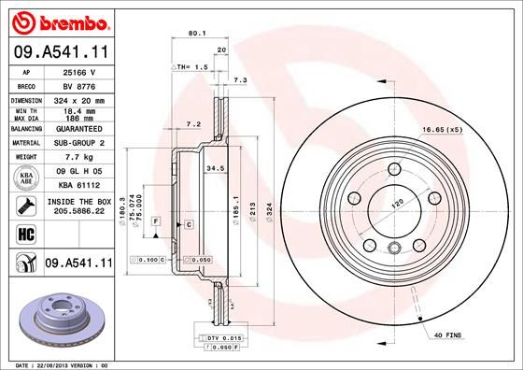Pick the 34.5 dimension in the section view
(x=213, y=168)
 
